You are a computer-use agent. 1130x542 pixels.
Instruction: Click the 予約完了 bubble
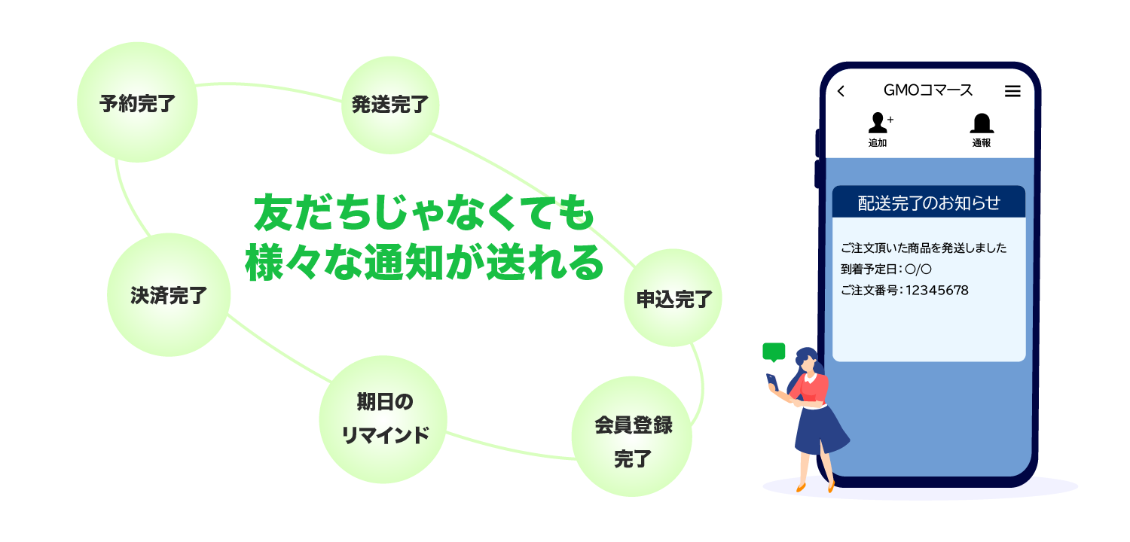137,102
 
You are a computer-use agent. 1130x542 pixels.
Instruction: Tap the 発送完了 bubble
390,105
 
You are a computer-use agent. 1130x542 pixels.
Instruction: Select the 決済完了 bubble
169,295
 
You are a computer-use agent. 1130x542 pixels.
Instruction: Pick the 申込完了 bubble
673,297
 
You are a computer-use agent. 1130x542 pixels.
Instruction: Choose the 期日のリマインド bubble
383,419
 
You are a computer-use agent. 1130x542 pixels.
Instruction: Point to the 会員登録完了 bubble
631,437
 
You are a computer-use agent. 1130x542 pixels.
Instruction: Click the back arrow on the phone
841,91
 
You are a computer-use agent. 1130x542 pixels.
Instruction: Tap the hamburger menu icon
1012,91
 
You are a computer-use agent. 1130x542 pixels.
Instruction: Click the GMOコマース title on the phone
928,90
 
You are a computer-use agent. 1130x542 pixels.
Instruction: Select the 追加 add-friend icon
879,129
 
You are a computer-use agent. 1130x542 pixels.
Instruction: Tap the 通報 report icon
982,130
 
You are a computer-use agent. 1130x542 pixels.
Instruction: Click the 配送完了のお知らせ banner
929,202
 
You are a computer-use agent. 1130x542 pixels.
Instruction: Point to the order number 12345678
937,291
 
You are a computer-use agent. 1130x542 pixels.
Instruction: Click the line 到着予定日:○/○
886,269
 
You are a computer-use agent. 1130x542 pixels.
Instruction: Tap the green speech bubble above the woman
774,352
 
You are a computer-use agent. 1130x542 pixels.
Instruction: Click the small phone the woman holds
772,382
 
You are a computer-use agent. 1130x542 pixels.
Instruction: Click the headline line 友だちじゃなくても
423,213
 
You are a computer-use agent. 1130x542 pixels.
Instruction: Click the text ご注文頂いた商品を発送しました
923,248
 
